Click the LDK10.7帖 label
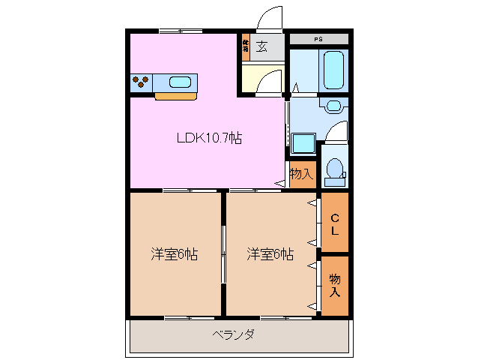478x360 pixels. coord(208,138)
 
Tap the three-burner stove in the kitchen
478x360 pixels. coord(141,82)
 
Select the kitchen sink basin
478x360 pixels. coord(181,82)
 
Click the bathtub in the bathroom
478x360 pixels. coord(333,69)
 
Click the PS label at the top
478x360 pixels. coord(318,39)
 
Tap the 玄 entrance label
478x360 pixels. coord(261,46)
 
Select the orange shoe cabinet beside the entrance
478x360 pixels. coord(245,46)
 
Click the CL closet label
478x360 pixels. coord(335,223)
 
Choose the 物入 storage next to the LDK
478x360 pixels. coord(301,174)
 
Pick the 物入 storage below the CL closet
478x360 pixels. coord(335,285)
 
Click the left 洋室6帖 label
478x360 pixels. coord(174,255)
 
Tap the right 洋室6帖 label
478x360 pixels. coord(270,255)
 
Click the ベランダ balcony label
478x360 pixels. coord(233,334)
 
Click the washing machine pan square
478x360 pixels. coord(303,143)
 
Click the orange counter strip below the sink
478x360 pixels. coord(176,96)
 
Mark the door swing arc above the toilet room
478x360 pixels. coord(339,130)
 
